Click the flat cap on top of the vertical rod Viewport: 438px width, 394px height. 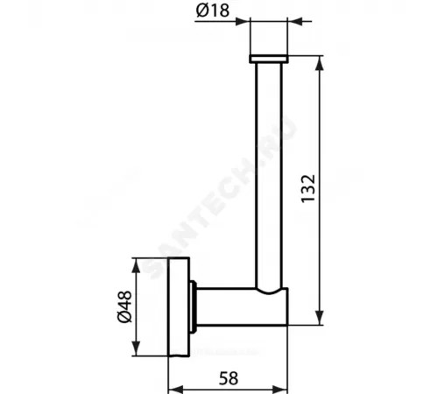(x=268, y=59)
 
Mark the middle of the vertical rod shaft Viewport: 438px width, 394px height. (x=268, y=175)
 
